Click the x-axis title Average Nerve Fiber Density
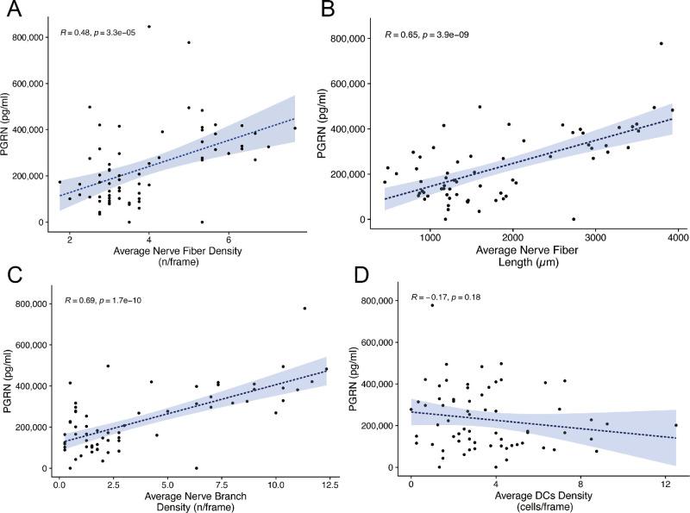click(x=176, y=252)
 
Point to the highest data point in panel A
click(x=149, y=27)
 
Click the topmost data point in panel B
click(x=662, y=43)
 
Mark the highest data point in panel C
click(x=304, y=309)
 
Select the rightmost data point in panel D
click(x=675, y=425)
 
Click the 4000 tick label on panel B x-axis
click(x=676, y=235)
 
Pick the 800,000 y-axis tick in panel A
click(x=34, y=38)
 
